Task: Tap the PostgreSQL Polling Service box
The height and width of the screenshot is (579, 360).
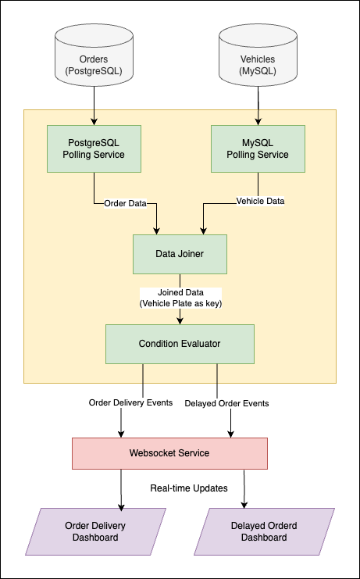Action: click(x=94, y=148)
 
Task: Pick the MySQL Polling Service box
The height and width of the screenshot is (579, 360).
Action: click(x=258, y=148)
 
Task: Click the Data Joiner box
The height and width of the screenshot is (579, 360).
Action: click(x=180, y=254)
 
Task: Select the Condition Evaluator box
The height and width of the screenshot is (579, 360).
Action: click(x=180, y=344)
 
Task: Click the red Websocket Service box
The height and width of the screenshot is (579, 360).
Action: click(x=169, y=453)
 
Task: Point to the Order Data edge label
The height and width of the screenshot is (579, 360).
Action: click(x=125, y=203)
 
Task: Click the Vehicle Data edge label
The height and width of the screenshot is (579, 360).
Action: click(x=259, y=202)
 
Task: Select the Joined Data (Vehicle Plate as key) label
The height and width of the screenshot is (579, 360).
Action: click(x=180, y=298)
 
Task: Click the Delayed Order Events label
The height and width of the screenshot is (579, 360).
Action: click(x=226, y=404)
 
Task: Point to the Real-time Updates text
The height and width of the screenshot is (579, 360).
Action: click(x=189, y=488)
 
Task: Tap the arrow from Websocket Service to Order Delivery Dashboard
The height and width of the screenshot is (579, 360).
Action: click(x=121, y=488)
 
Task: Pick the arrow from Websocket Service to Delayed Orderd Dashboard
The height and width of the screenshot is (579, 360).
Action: click(x=245, y=488)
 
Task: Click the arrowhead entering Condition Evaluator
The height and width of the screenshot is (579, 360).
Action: click(x=180, y=320)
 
